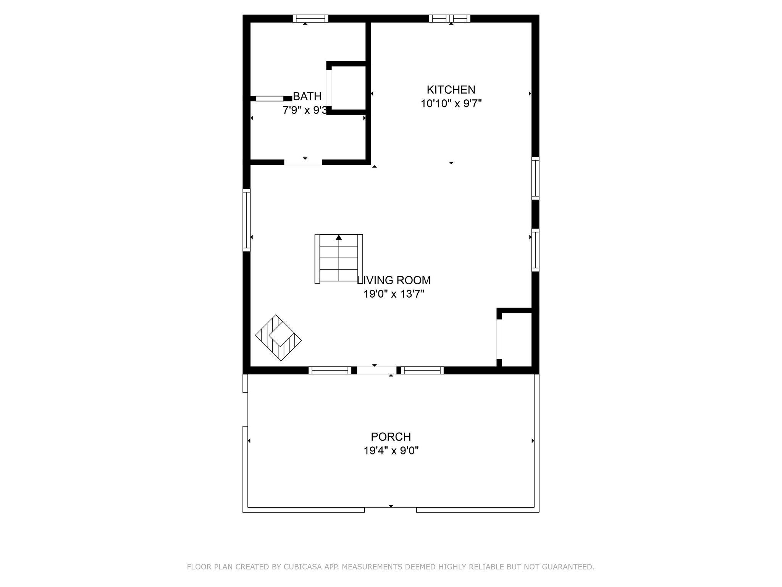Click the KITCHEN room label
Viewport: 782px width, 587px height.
[x=451, y=90]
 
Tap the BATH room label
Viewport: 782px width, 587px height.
[x=307, y=96]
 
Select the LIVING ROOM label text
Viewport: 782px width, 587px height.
[x=394, y=281]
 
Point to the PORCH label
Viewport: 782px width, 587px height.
[x=391, y=436]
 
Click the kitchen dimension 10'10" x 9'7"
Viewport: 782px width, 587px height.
[x=451, y=104]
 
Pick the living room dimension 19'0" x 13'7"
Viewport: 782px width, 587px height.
[x=394, y=294]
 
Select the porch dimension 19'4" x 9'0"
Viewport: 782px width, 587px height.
[x=391, y=451]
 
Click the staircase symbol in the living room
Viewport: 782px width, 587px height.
[x=339, y=259]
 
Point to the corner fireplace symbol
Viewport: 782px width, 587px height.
[x=278, y=338]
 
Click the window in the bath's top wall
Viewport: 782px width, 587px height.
[x=310, y=18]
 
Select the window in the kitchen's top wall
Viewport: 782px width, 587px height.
[x=449, y=18]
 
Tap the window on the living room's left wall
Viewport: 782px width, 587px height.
[x=247, y=220]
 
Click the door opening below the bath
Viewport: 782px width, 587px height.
[x=303, y=162]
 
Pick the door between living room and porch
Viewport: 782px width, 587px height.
[x=376, y=370]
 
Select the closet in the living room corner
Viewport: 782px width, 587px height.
[x=516, y=339]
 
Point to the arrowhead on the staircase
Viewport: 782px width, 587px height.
[x=339, y=237]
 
